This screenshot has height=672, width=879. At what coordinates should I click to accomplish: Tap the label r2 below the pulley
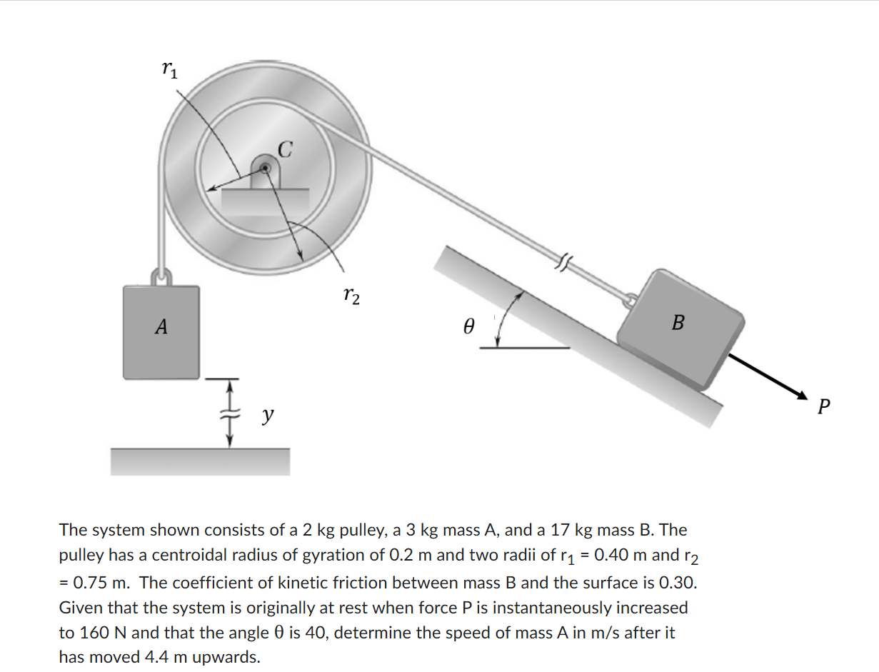351,294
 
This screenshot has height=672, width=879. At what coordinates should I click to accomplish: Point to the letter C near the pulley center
284,149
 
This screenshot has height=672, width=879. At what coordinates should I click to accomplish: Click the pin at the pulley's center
265,169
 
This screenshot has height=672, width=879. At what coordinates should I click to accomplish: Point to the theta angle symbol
468,327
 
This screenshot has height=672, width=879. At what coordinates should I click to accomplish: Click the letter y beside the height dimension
266,415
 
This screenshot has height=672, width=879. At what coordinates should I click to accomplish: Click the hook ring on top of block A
163,275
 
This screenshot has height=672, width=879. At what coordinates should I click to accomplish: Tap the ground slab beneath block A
200,461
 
